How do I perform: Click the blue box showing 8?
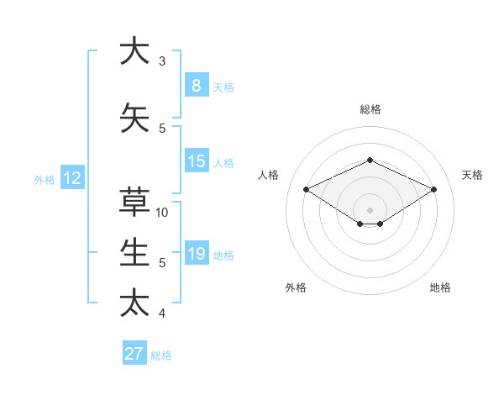pos(196,85)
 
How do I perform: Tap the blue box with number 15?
pos(196,161)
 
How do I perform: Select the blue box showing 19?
pos(196,254)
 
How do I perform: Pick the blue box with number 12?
pos(72,178)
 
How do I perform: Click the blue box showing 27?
pos(134,354)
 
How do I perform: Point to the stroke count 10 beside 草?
pos(162,212)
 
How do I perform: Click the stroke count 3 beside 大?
pos(162,61)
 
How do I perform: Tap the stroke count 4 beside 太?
pos(162,313)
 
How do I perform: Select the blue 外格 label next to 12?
pos(45,179)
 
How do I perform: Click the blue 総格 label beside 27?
pos(161,355)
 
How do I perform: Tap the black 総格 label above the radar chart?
pos(370,109)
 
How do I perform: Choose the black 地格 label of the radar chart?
pos(440,287)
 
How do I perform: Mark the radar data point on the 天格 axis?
pos(433,189)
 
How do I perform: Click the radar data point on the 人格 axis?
pos(307,189)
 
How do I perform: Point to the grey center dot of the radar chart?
pos(370,209)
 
